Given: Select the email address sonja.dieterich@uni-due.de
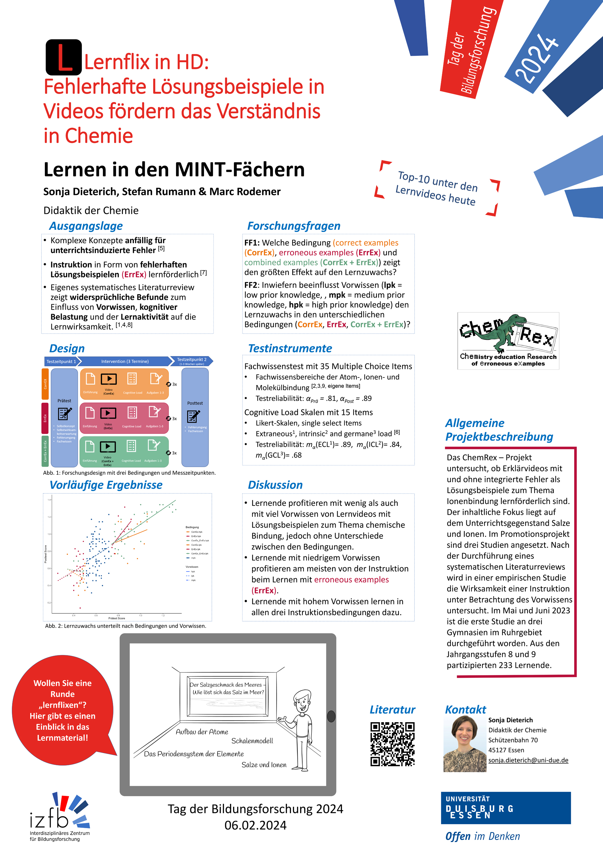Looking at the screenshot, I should (x=528, y=760).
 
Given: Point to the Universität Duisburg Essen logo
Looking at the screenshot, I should (x=505, y=808).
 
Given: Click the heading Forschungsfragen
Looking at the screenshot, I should (x=294, y=226).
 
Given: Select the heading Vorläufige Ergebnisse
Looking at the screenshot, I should (x=106, y=485).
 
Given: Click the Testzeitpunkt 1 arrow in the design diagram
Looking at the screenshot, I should (x=61, y=361).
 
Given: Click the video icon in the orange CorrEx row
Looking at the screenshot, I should (x=109, y=379).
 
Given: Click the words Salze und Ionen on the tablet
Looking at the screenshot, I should (x=264, y=765).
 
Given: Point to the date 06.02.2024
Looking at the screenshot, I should (x=256, y=825).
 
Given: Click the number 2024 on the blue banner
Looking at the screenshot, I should (x=536, y=58).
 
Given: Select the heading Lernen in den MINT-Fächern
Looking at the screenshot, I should (x=174, y=170).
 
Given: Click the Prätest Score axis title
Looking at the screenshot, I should (x=117, y=618).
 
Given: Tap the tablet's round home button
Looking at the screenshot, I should (x=331, y=716).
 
